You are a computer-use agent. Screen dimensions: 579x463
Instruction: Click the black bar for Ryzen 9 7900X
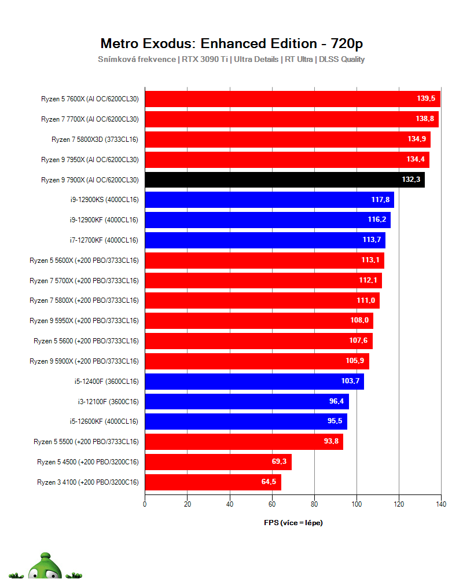284,179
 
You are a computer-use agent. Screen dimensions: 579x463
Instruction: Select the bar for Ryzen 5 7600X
292,99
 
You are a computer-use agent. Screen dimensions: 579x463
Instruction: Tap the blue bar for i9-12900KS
269,200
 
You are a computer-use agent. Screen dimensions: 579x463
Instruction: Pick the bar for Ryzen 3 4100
212,482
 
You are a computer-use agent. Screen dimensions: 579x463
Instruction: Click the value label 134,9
418,139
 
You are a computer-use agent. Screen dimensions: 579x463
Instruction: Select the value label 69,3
280,462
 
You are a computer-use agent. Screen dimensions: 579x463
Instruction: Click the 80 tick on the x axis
314,504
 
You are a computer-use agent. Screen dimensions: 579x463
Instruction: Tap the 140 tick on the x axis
441,504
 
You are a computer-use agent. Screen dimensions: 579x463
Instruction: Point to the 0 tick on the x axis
145,504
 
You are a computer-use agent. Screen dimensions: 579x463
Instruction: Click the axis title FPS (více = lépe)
293,523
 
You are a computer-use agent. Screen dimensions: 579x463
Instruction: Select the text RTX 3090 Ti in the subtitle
205,59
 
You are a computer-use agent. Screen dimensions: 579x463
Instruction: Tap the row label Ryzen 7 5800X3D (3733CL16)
95,140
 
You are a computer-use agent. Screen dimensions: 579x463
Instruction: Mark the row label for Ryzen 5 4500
88,462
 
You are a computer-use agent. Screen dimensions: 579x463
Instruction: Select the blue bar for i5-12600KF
245,422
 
